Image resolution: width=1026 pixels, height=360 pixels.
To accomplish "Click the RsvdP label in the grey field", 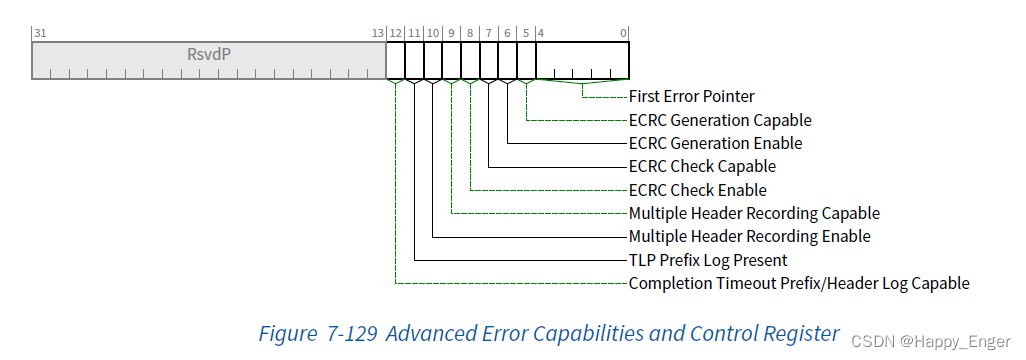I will coord(209,54).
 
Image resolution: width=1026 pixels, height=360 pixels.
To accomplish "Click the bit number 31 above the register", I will coord(40,33).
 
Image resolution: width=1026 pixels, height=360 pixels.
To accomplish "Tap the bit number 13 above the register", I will coord(378,33).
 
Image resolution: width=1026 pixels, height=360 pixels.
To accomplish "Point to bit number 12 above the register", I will coord(396,33).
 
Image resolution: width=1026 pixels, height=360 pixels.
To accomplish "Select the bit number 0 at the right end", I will coord(624,33).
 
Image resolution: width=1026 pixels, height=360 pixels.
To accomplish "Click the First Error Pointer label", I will coord(691,97).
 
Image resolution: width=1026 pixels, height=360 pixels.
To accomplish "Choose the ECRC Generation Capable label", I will coord(720,120).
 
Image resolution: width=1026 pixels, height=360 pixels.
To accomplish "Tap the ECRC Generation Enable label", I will coord(715,143).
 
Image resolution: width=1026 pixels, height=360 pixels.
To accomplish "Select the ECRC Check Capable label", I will coord(702,166).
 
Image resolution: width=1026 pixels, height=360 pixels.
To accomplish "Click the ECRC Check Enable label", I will coord(697,190).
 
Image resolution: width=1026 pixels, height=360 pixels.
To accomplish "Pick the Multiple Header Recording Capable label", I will coord(754,213).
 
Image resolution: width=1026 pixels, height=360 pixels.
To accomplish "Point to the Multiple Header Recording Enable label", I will coord(749,236).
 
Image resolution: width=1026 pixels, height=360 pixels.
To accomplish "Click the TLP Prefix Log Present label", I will coord(708,260).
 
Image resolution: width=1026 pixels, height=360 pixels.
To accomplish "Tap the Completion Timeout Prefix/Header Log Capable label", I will coord(798,283).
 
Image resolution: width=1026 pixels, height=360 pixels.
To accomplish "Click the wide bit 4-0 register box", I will coord(582,59).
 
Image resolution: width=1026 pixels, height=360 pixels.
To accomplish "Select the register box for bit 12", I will coord(395,59).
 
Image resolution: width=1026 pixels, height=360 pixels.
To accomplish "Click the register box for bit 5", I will coord(526,59).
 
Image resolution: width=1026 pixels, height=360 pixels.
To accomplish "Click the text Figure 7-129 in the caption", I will coord(317,333).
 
